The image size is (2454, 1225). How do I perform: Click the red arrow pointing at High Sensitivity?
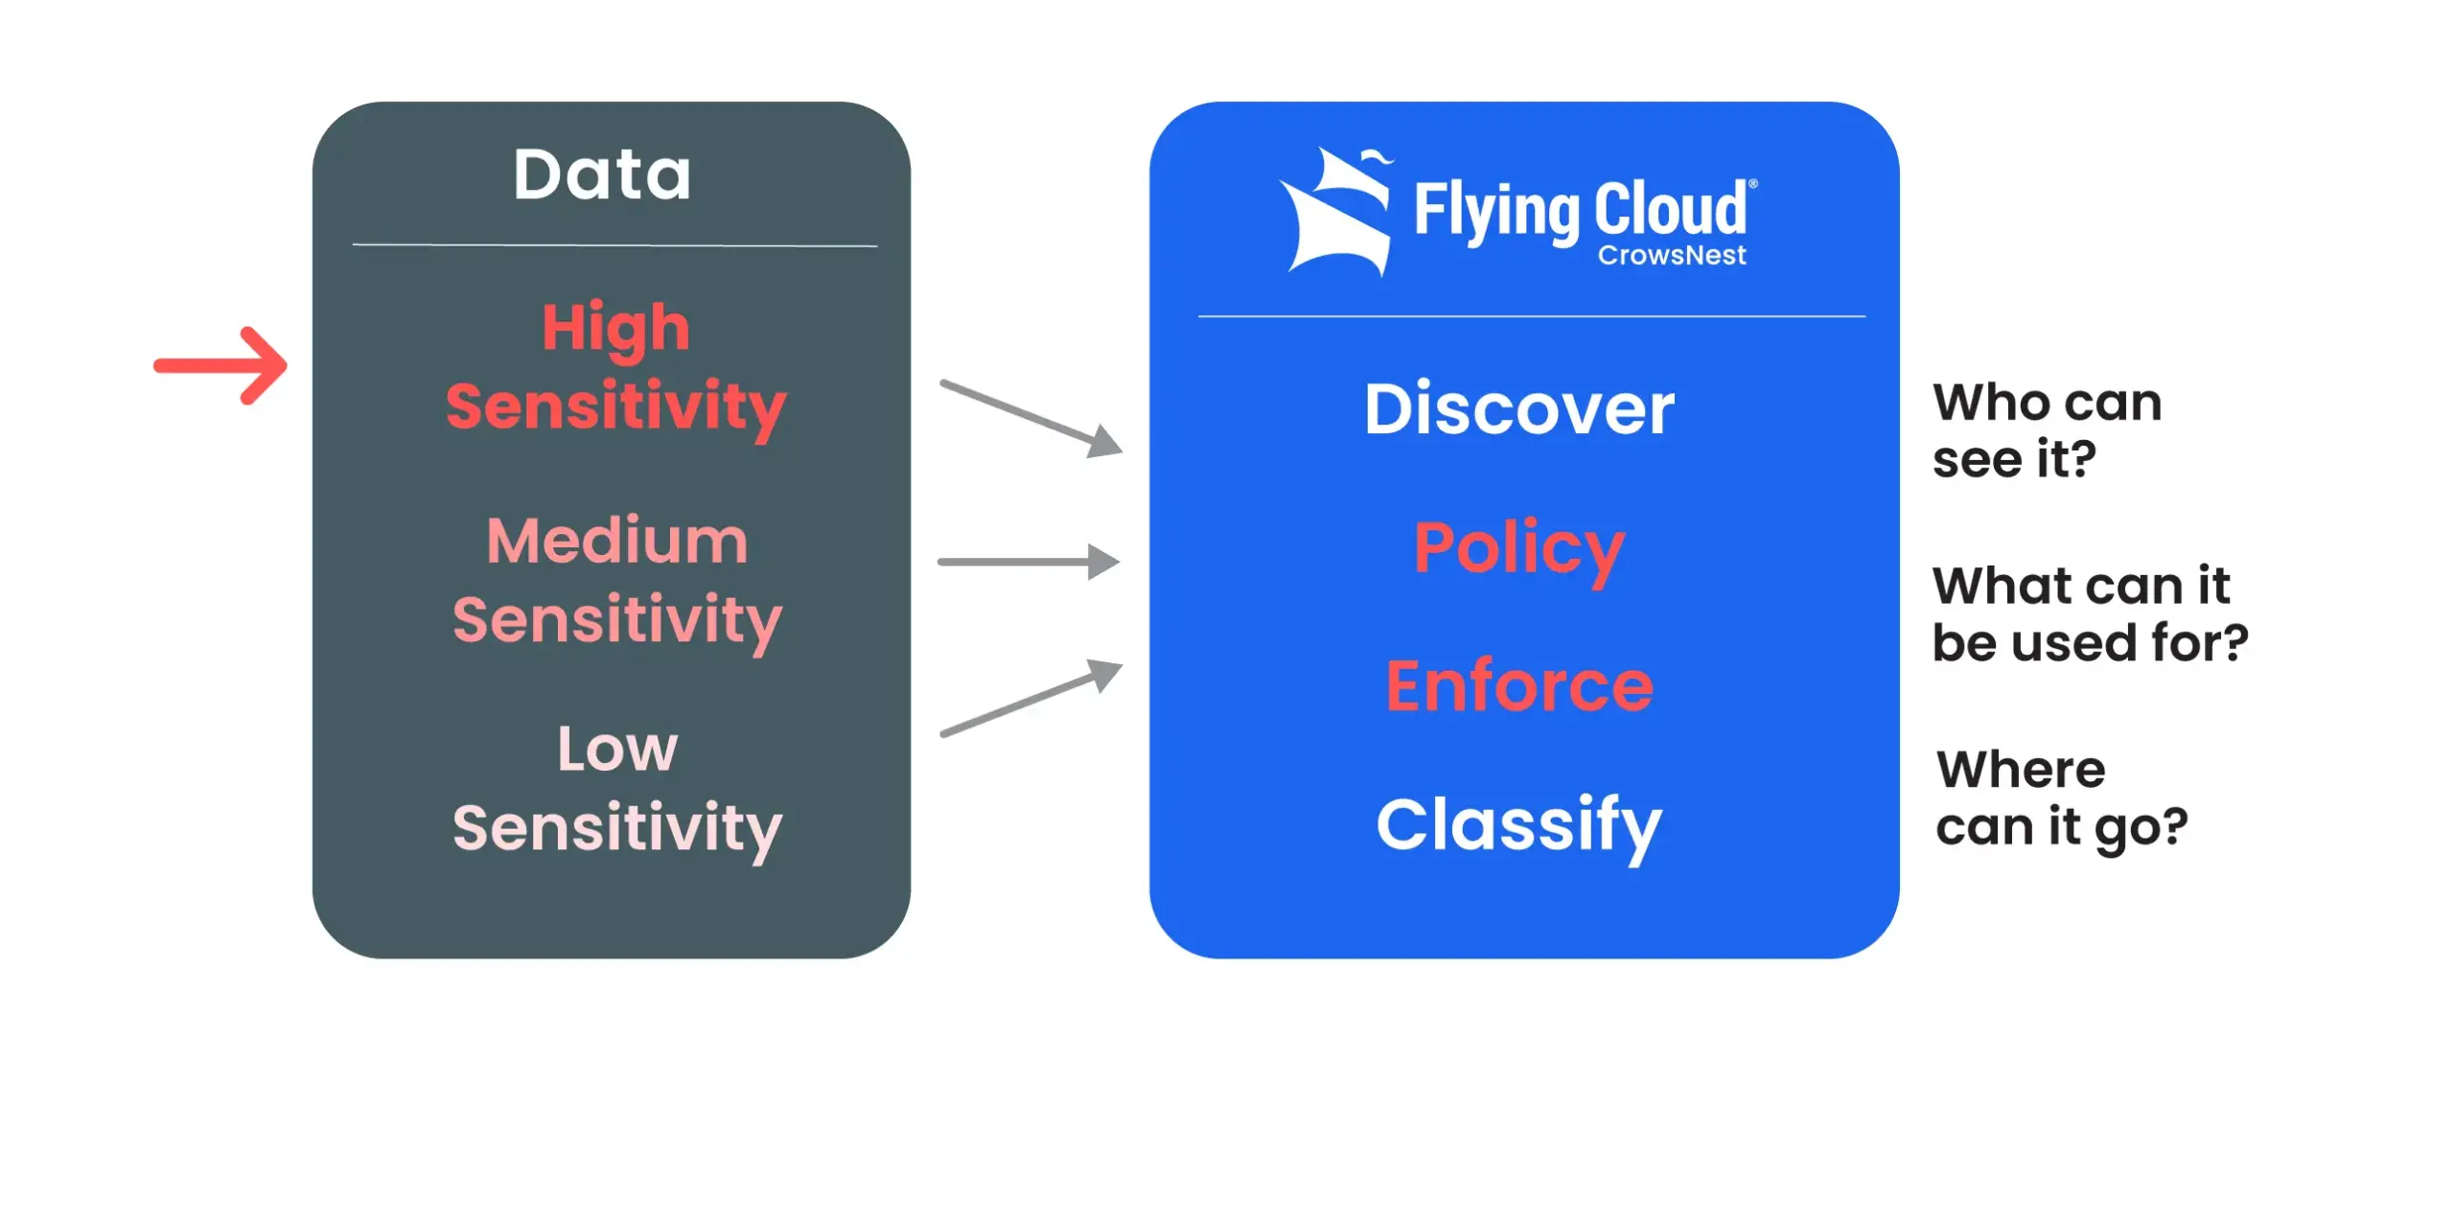220,365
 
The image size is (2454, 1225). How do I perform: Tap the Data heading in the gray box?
602,174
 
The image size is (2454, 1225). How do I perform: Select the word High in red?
616,329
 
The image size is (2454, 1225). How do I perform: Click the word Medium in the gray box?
617,541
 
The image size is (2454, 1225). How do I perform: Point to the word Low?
617,748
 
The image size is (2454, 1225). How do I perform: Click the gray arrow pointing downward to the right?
1030,419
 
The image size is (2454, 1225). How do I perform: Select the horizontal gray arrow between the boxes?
1029,562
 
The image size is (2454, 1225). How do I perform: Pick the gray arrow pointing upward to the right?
1030,697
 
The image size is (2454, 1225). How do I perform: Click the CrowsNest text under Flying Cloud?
1672,255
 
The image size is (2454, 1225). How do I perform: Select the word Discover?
1519,409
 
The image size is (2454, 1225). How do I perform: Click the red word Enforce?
1519,686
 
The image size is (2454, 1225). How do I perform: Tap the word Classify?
1519,826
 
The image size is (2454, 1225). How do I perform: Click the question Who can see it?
2047,430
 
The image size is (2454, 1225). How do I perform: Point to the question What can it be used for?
2090,614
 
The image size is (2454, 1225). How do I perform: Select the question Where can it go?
2061,798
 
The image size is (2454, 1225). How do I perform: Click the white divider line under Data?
614,245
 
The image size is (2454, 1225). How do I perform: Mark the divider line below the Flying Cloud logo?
1531,315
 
